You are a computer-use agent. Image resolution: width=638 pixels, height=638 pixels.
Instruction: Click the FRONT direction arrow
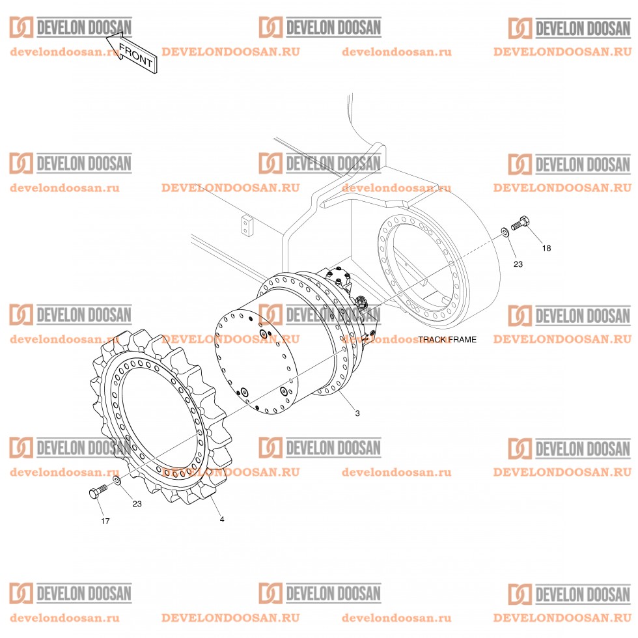pyautogui.click(x=131, y=53)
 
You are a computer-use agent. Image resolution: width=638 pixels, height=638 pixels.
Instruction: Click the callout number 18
pyautogui.click(x=546, y=248)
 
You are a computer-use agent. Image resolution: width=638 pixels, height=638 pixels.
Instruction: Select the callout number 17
pyautogui.click(x=105, y=521)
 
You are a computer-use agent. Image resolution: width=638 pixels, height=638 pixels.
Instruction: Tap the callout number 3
pyautogui.click(x=357, y=413)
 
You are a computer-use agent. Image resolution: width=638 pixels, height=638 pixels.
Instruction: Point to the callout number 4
pyautogui.click(x=222, y=520)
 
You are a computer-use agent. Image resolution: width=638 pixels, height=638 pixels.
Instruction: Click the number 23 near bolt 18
pyautogui.click(x=518, y=264)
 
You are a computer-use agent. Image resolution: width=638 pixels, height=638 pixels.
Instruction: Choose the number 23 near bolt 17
pyautogui.click(x=137, y=504)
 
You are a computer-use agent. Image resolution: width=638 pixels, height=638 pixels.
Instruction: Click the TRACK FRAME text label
pyautogui.click(x=447, y=339)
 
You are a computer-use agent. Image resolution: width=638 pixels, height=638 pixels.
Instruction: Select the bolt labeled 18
pyautogui.click(x=520, y=223)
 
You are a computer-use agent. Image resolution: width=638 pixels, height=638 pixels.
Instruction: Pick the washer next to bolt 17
pyautogui.click(x=115, y=481)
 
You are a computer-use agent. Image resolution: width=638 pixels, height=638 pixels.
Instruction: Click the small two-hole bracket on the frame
pyautogui.click(x=247, y=225)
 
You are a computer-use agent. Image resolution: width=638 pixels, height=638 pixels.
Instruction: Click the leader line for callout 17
pyautogui.click(x=100, y=507)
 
